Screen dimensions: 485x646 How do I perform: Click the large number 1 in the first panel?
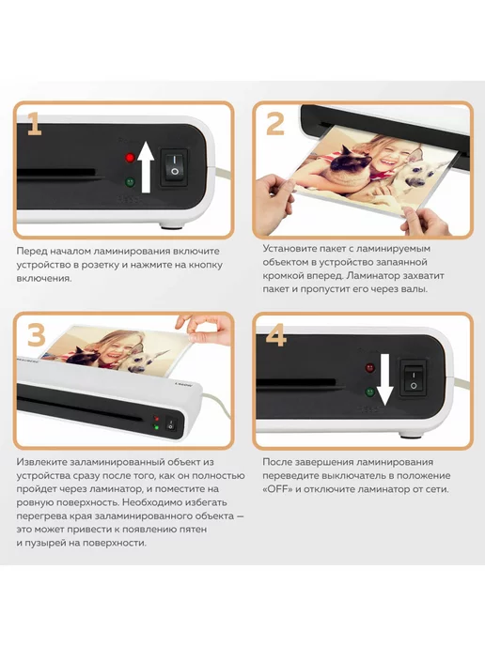coord(35,124)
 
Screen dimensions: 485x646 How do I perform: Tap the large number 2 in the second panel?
coord(275,124)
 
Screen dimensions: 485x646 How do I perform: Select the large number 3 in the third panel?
coord(37,334)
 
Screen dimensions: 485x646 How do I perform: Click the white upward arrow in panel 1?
coord(146,167)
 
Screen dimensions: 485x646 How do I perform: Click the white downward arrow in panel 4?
coord(385,380)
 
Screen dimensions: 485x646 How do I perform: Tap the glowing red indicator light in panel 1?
coord(131,158)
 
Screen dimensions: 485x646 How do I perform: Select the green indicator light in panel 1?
coord(131,182)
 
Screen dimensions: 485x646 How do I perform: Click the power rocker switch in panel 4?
coord(414,378)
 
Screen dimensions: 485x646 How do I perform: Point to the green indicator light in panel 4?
coord(370,392)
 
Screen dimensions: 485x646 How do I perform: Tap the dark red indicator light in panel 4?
coord(370,367)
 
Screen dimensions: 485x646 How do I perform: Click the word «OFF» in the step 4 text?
coord(276,489)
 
